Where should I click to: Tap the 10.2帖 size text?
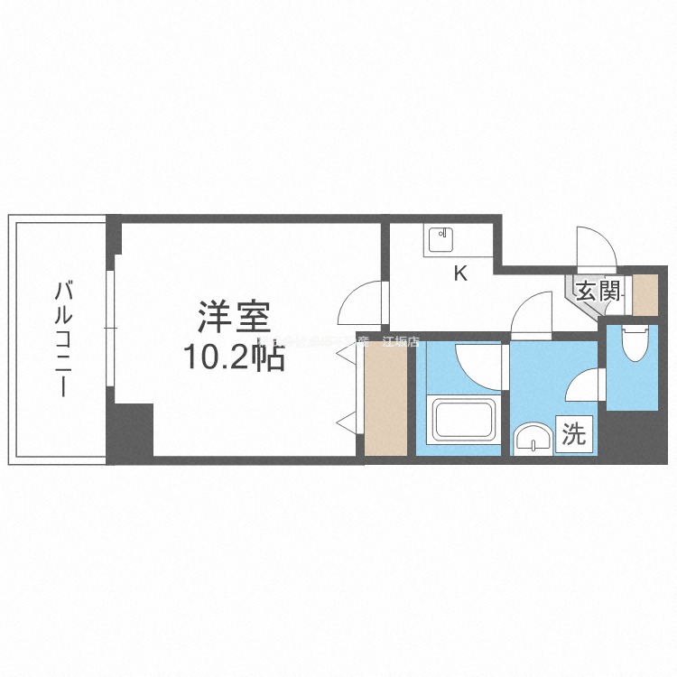tap(236, 358)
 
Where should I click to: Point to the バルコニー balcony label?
tap(62, 339)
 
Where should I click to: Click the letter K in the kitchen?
tap(460, 274)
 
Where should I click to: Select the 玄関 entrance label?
tap(598, 291)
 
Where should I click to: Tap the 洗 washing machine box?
tap(573, 435)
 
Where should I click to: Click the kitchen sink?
tap(443, 240)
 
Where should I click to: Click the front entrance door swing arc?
tap(596, 248)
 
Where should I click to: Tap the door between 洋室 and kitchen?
tap(364, 304)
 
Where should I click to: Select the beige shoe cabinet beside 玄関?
tap(645, 292)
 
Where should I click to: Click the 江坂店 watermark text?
tap(401, 342)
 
